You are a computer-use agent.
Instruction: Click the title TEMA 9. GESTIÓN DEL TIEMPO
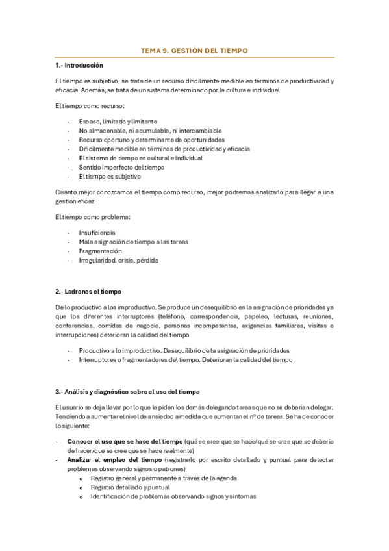pyautogui.click(x=194, y=50)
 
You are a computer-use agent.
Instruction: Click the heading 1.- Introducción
pyautogui.click(x=79, y=66)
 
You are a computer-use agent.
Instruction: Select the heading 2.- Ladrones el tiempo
pyautogui.click(x=88, y=292)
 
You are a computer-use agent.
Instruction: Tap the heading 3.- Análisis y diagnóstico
pyautogui.click(x=128, y=392)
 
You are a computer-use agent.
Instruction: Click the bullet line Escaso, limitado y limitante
pyautogui.click(x=118, y=122)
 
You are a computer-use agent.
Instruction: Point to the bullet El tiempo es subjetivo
pyautogui.click(x=110, y=176)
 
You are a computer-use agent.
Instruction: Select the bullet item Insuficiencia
pyautogui.click(x=97, y=232)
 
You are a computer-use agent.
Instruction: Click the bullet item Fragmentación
pyautogui.click(x=101, y=251)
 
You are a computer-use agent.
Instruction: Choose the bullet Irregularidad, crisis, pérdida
pyautogui.click(x=118, y=260)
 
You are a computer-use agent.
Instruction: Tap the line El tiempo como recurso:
pyautogui.click(x=90, y=105)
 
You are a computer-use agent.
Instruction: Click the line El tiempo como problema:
pyautogui.click(x=92, y=216)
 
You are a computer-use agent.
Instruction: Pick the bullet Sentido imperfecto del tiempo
pyautogui.click(x=121, y=167)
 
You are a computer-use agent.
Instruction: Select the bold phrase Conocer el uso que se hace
pyautogui.click(x=125, y=441)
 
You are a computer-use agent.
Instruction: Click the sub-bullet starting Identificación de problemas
pyautogui.click(x=173, y=496)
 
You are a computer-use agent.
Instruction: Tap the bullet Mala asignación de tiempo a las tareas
pyautogui.click(x=133, y=242)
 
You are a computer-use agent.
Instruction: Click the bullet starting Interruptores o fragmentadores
pyautogui.click(x=186, y=359)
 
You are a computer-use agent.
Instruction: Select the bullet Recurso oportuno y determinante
pyautogui.click(x=152, y=140)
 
